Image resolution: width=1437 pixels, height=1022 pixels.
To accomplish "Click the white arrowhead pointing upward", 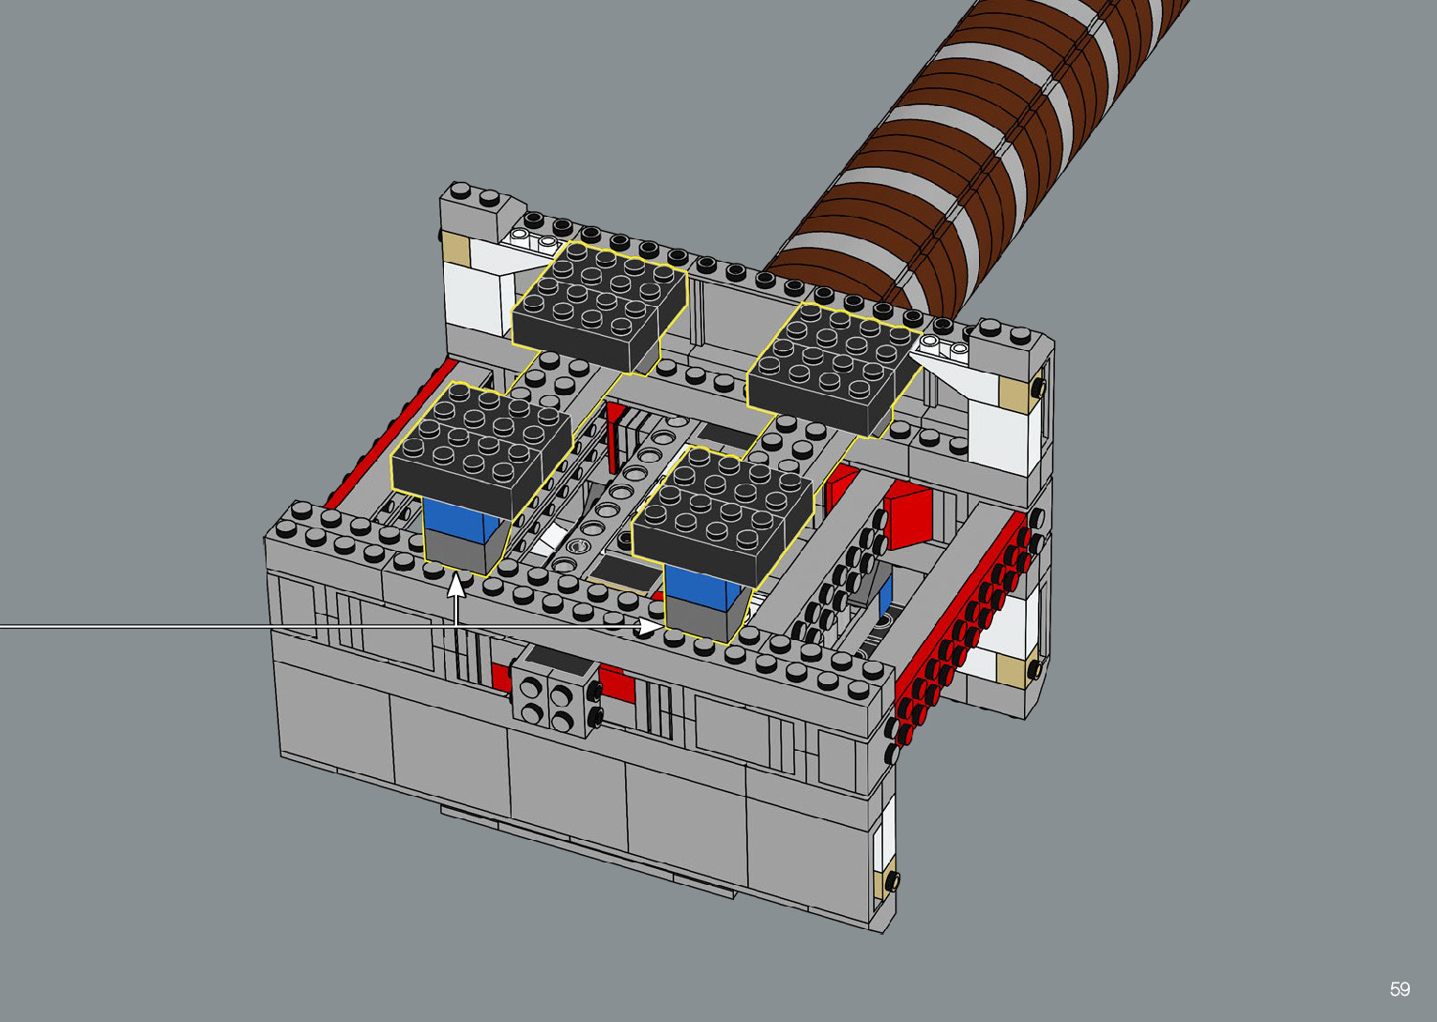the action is click(455, 585).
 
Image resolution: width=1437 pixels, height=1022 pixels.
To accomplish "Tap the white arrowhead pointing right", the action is click(650, 626).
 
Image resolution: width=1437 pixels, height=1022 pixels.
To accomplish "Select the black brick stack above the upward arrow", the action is click(482, 450).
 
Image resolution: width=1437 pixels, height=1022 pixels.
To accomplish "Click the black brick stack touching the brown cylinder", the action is click(834, 369).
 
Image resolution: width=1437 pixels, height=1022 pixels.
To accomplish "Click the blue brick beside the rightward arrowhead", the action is click(703, 588).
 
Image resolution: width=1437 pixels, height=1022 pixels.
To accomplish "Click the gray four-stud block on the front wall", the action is click(556, 691).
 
